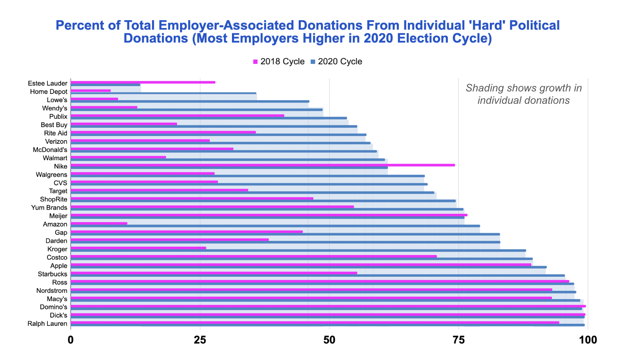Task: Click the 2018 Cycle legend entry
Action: click(279, 61)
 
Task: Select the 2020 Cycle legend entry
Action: click(336, 61)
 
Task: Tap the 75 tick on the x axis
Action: click(458, 340)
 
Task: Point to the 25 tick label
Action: click(200, 340)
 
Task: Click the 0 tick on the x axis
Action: click(71, 340)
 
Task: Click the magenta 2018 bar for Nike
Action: click(262, 165)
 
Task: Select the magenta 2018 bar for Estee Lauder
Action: click(143, 82)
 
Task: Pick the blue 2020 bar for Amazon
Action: click(275, 226)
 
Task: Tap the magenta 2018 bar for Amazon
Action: click(99, 223)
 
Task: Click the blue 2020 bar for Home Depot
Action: click(164, 93)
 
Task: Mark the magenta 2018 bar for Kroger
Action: click(138, 248)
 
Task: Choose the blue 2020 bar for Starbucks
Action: click(318, 276)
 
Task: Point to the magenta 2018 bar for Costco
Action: click(254, 256)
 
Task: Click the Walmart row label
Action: click(55, 158)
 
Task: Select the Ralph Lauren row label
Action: click(47, 324)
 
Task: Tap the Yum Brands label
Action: click(49, 208)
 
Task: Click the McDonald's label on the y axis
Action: click(50, 150)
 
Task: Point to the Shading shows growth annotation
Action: click(523, 94)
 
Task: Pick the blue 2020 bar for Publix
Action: click(209, 118)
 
